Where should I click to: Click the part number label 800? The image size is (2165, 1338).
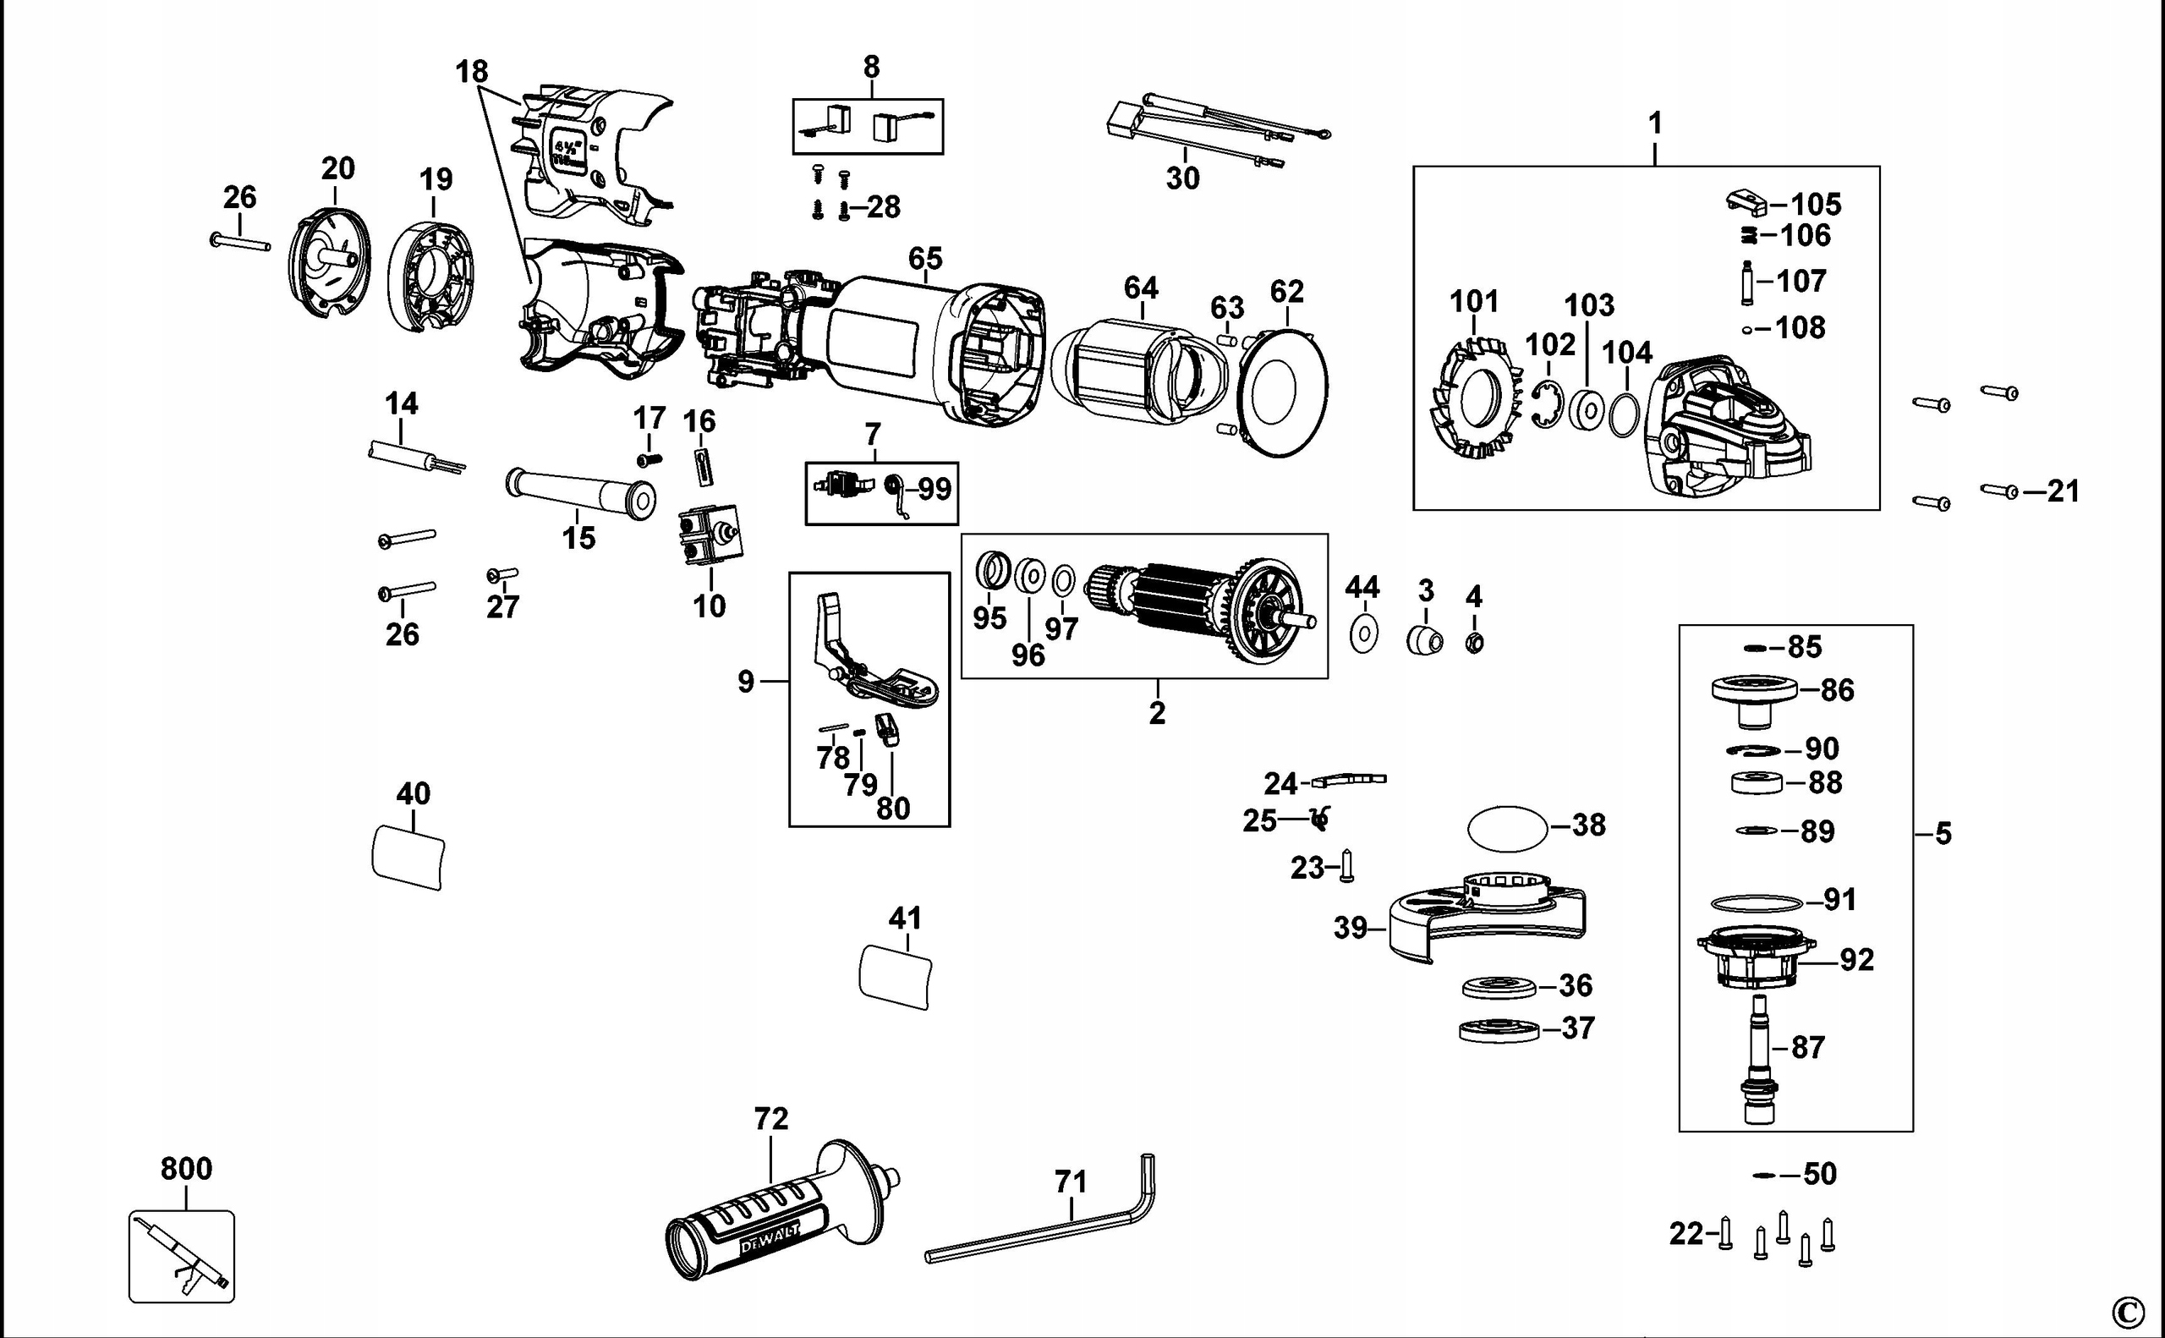pyautogui.click(x=186, y=1169)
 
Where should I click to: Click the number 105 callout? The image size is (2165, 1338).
pyautogui.click(x=1816, y=205)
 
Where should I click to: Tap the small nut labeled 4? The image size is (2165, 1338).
pyautogui.click(x=1474, y=644)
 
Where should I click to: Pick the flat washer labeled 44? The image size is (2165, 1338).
pyautogui.click(x=1363, y=633)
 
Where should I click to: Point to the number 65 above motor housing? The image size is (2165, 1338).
pyautogui.click(x=924, y=259)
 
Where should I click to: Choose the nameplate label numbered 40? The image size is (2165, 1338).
pyautogui.click(x=408, y=856)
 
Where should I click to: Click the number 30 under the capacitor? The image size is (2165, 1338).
pyautogui.click(x=1182, y=178)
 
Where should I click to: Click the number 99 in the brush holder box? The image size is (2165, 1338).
pyautogui.click(x=935, y=489)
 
